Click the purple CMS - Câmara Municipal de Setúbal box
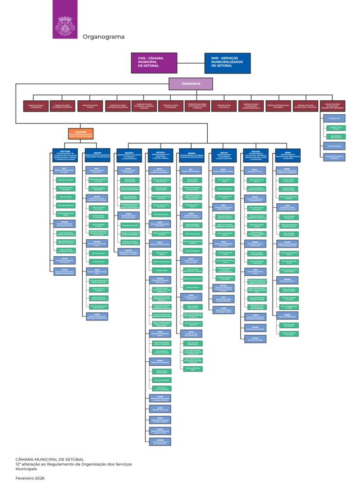pyautogui.click(x=153, y=63)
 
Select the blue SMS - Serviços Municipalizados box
pyautogui.click(x=227, y=63)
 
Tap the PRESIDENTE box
pyautogui.click(x=191, y=84)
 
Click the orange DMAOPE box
pyautogui.click(x=81, y=133)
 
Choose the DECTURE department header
pyautogui.click(x=65, y=155)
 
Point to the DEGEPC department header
pyautogui.click(x=129, y=155)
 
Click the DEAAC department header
pyautogui.click(x=224, y=155)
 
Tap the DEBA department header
pyautogui.click(x=288, y=155)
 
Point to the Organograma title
pyautogui.click(x=103, y=37)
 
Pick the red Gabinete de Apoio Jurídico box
pyautogui.click(x=91, y=106)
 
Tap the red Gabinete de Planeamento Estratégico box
pyautogui.click(x=278, y=106)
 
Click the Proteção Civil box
pyautogui.click(x=335, y=118)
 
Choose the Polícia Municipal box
pyautogui.click(x=335, y=146)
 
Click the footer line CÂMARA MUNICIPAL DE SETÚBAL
pyautogui.click(x=50, y=459)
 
